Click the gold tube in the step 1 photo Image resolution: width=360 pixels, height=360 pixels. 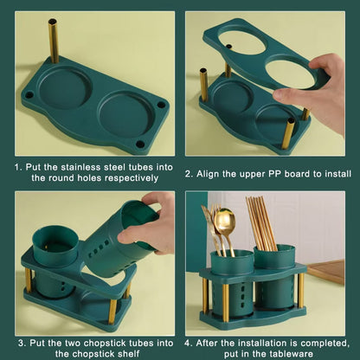click(53, 41)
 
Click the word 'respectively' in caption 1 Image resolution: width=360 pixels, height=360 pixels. click(132, 178)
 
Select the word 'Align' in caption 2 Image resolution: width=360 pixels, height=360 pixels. click(208, 174)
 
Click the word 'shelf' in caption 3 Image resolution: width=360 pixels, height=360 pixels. click(129, 353)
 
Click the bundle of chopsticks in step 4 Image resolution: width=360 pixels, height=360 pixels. click(261, 222)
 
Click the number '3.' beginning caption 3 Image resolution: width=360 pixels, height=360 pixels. click(22, 344)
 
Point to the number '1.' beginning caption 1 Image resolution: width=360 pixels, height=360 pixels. click(18, 167)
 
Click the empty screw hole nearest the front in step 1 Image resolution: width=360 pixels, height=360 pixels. click(140, 144)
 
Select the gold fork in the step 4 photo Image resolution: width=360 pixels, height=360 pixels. click(211, 228)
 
